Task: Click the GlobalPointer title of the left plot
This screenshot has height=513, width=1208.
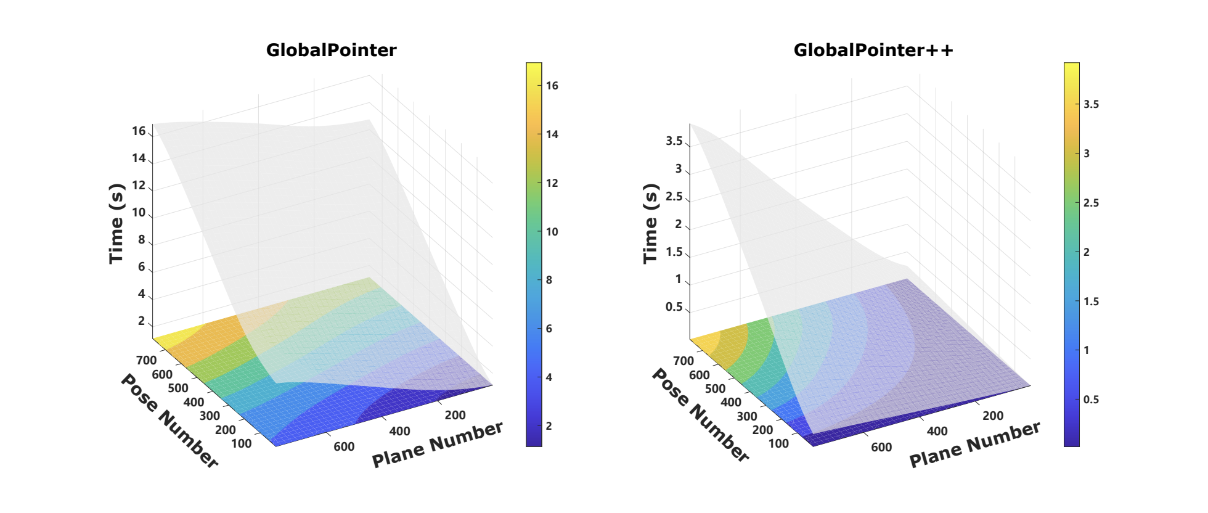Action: (x=331, y=50)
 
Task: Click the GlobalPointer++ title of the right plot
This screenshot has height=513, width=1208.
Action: (x=873, y=50)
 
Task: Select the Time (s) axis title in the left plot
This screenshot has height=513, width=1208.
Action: (x=116, y=224)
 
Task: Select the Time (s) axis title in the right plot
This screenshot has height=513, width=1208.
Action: (x=650, y=224)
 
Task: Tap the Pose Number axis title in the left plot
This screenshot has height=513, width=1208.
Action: (x=169, y=421)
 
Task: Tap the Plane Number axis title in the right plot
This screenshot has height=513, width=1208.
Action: (x=975, y=444)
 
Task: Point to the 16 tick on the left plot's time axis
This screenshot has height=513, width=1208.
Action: (x=139, y=131)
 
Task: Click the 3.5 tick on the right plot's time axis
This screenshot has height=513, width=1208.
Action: (x=674, y=141)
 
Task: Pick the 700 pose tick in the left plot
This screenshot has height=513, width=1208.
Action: (x=146, y=360)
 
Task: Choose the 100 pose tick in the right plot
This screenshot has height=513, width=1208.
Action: (x=778, y=443)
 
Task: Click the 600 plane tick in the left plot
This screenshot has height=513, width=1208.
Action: (x=344, y=446)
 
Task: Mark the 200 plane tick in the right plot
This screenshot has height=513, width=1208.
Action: (x=992, y=416)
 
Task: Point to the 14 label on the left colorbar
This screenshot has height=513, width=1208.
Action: (x=552, y=134)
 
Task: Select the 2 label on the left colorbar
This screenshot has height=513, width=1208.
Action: (x=549, y=426)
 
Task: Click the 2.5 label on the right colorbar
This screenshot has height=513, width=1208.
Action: (x=1091, y=203)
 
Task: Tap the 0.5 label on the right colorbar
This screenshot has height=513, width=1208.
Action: (x=1091, y=400)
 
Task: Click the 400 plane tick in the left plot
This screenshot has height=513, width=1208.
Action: (x=399, y=431)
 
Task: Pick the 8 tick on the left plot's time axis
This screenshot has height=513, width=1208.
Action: (x=141, y=239)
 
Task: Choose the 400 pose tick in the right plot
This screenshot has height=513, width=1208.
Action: (x=731, y=402)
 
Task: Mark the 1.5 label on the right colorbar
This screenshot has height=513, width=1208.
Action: (x=1091, y=302)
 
